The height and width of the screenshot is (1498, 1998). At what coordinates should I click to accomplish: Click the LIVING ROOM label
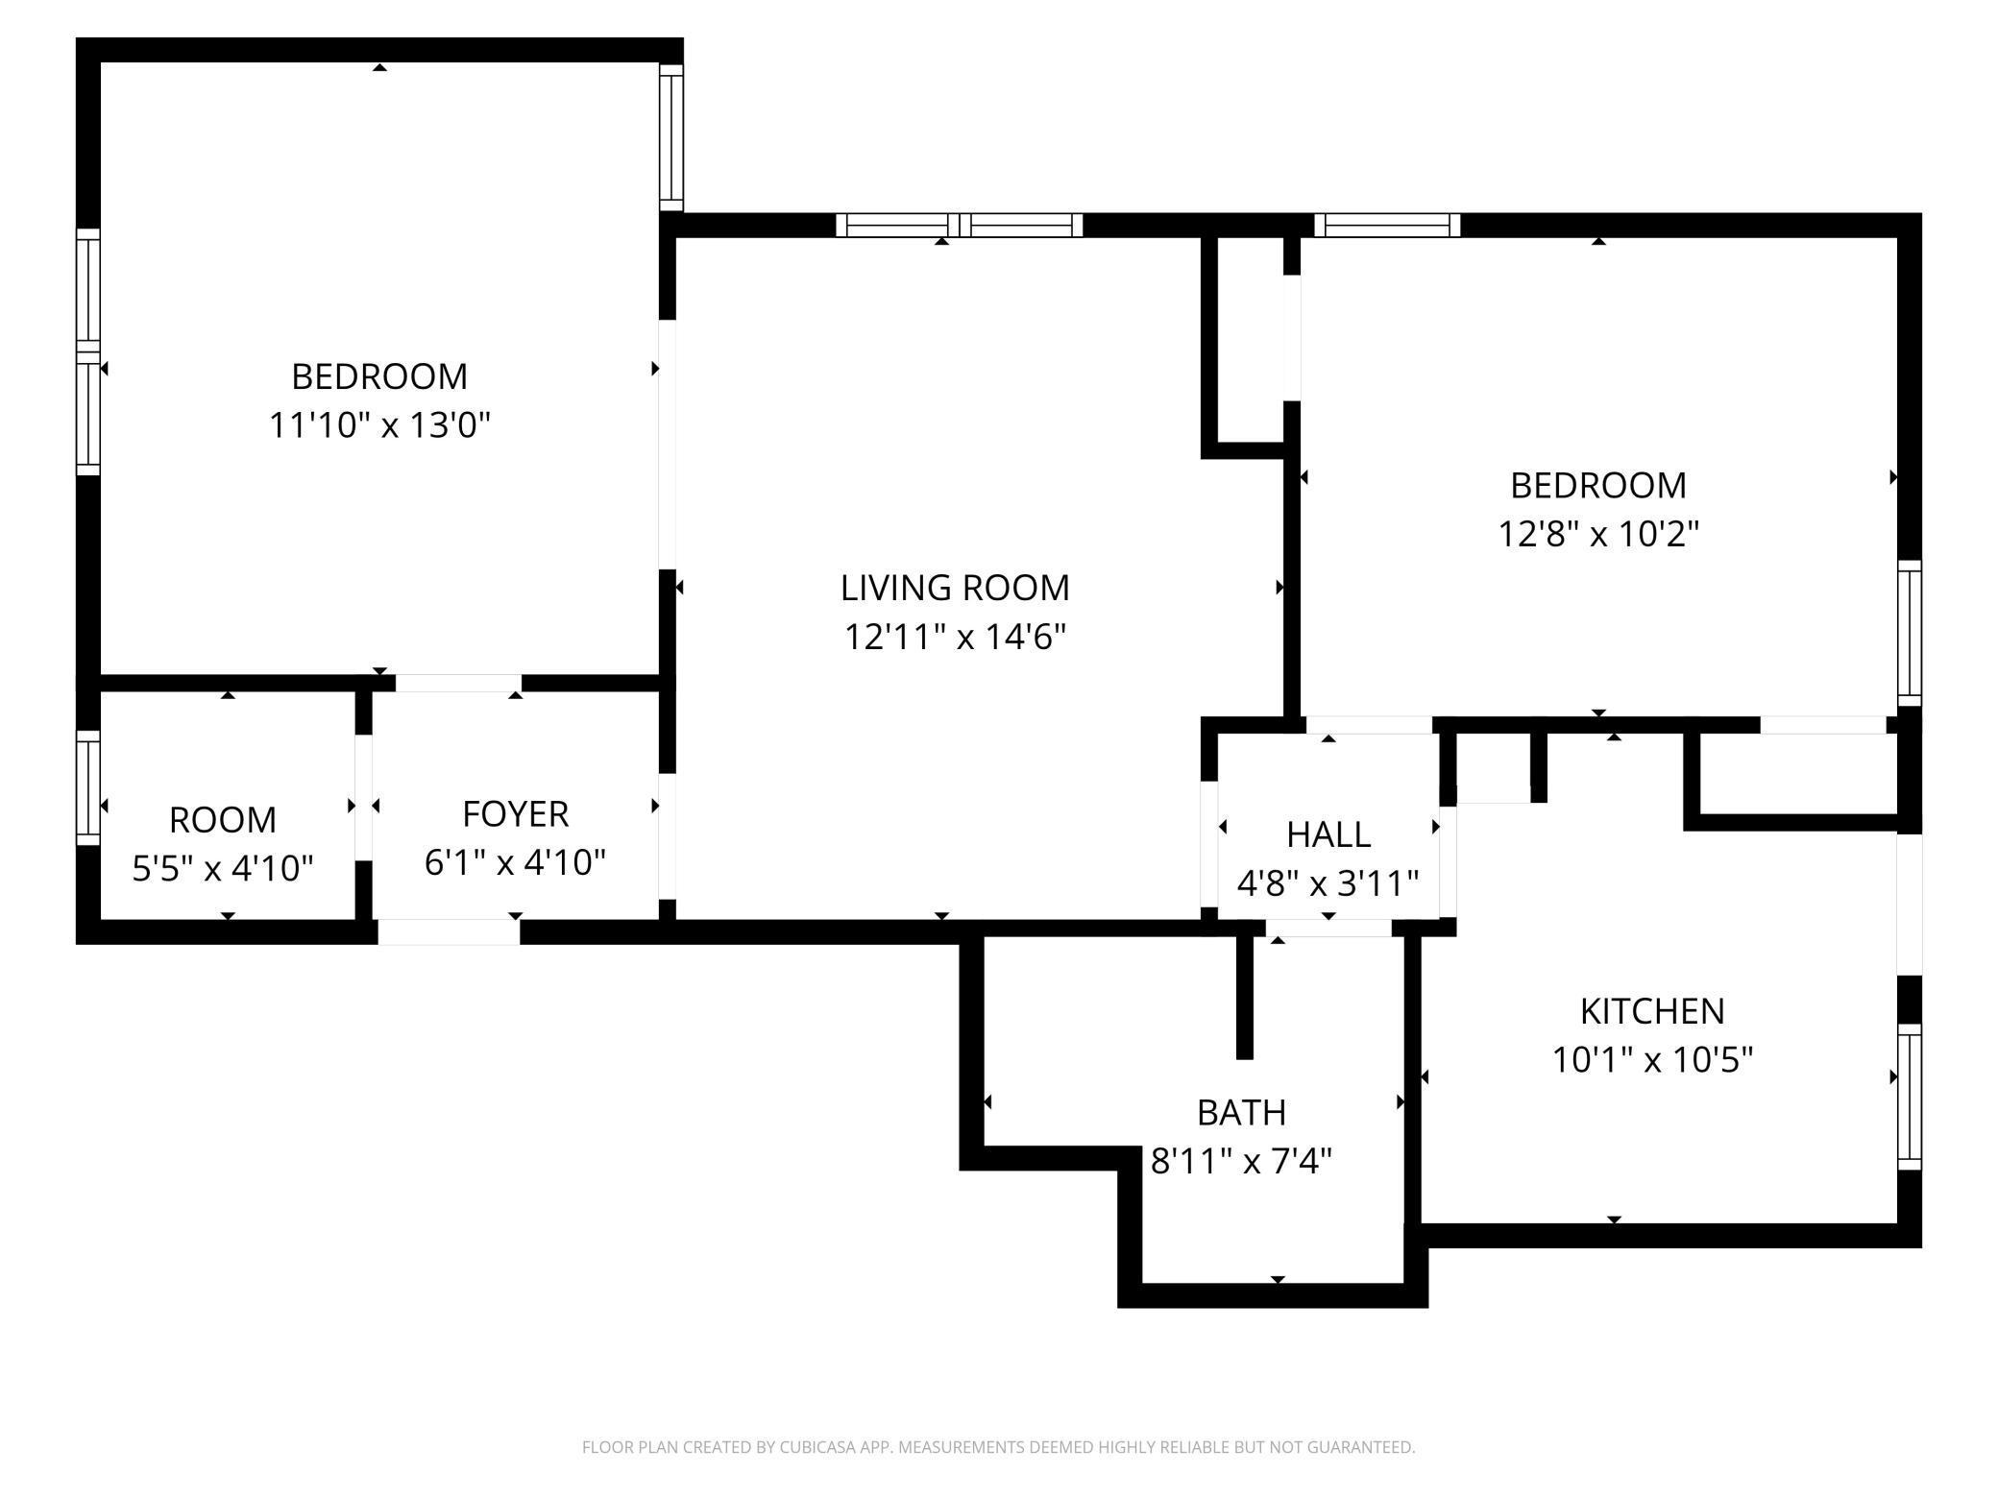[x=955, y=588]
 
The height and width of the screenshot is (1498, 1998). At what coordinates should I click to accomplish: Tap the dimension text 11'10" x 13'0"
[x=379, y=424]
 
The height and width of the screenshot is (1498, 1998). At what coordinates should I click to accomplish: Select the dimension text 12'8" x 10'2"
[x=1598, y=534]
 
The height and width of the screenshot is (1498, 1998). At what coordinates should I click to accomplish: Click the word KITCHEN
[x=1652, y=1011]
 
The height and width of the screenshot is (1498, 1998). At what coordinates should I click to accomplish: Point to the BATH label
[x=1241, y=1113]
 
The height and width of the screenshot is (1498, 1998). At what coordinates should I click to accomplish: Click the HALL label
[x=1328, y=835]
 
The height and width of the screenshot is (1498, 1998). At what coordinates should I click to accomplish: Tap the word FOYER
[x=516, y=814]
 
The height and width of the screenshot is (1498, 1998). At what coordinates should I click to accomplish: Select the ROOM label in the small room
[x=223, y=820]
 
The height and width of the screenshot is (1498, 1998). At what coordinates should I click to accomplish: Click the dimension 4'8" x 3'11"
[x=1328, y=883]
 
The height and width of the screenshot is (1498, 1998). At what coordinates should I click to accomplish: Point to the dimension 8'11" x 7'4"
[x=1241, y=1162]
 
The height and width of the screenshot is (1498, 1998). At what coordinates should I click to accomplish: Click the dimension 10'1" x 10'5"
[x=1652, y=1060]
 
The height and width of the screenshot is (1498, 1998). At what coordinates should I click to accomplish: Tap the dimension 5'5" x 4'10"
[x=223, y=869]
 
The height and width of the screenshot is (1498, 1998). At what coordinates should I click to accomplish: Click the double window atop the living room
[x=959, y=226]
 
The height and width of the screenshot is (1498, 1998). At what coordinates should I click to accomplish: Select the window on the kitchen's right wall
[x=1910, y=1097]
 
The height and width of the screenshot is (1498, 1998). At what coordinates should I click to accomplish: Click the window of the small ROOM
[x=88, y=787]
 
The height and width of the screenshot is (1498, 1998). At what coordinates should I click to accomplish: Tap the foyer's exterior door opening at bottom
[x=449, y=931]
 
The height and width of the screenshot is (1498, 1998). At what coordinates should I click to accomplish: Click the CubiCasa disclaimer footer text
[x=998, y=1447]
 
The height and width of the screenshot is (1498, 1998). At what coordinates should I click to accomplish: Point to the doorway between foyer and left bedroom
[x=458, y=683]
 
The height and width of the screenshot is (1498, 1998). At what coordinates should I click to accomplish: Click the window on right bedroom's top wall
[x=1386, y=226]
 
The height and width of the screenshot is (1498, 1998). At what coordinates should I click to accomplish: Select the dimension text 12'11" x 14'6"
[x=955, y=637]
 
